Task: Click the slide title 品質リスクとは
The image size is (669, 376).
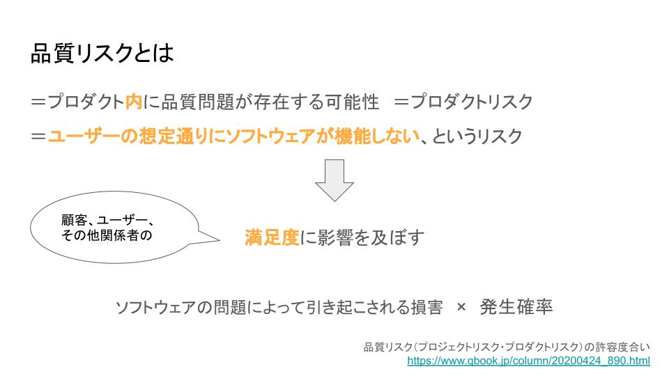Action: click(102, 54)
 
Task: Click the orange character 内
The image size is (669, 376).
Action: click(134, 102)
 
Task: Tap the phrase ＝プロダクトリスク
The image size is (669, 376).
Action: click(463, 102)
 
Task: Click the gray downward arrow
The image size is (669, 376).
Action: click(334, 180)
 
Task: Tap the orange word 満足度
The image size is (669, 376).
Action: click(272, 237)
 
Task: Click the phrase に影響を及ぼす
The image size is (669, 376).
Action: click(362, 237)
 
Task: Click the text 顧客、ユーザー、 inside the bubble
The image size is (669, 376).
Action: click(107, 220)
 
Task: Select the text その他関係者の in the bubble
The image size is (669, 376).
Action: click(107, 235)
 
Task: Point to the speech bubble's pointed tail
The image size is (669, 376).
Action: click(219, 240)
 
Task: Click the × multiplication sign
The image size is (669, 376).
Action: click(461, 307)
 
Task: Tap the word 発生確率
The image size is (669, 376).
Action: click(516, 307)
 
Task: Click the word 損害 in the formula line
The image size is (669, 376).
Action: click(427, 307)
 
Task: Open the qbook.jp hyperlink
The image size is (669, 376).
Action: click(529, 361)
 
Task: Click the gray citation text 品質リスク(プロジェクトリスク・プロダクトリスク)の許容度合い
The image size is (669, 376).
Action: click(507, 347)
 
